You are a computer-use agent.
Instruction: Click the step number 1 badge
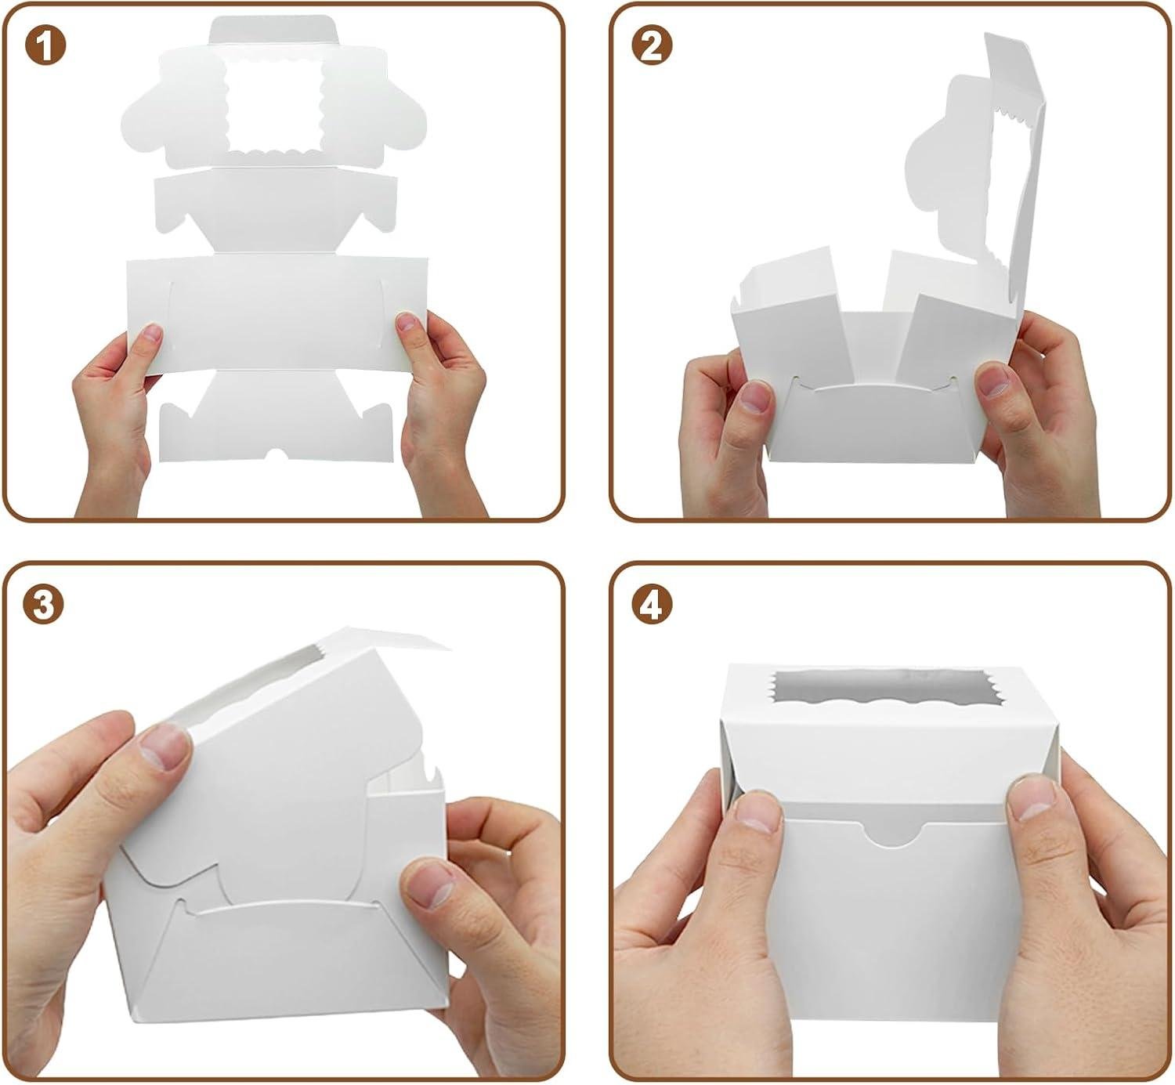[x=45, y=46]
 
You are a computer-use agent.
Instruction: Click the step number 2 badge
[x=652, y=46]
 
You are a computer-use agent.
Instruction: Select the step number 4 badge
[x=652, y=606]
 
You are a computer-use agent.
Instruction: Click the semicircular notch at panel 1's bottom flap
[x=277, y=454]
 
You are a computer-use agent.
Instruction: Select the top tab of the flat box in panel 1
[x=275, y=31]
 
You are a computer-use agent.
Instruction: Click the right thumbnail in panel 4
[x=1031, y=798]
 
